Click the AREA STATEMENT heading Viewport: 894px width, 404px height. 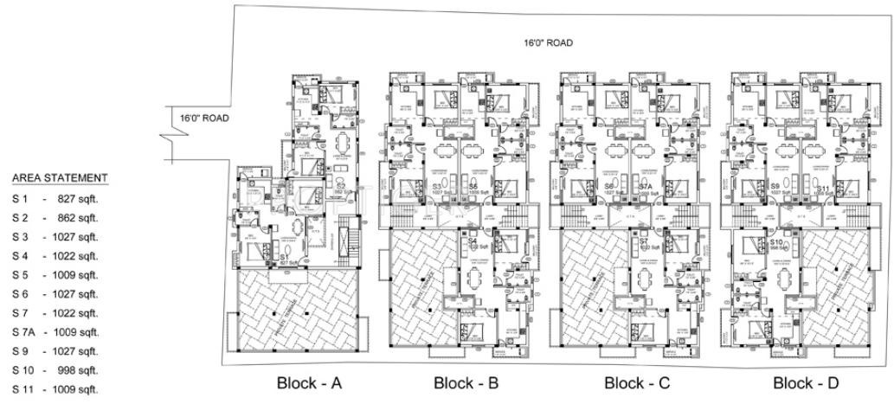pos(60,177)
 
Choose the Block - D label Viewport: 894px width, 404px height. pos(805,383)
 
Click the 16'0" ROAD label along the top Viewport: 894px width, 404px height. pos(547,42)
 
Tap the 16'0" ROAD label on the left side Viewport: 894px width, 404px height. pos(204,119)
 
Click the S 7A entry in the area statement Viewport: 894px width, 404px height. pos(23,332)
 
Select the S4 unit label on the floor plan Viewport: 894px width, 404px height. pos(473,241)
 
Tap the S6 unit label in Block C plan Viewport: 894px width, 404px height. pos(610,187)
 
